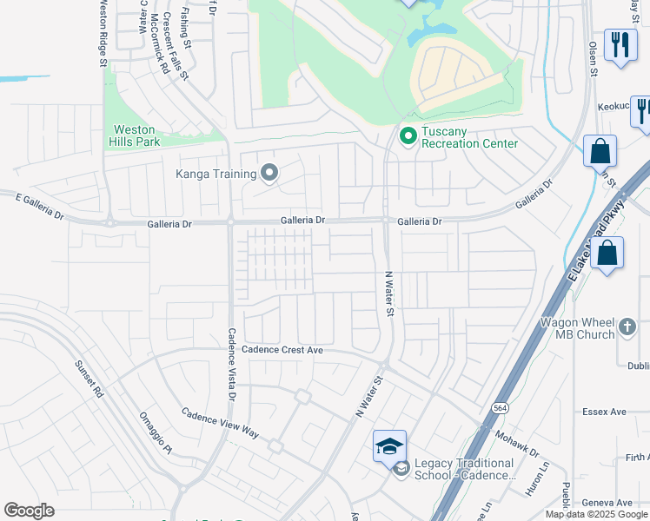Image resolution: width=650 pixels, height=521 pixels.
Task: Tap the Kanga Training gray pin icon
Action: (269, 174)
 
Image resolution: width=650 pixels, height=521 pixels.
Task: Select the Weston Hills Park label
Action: (134, 135)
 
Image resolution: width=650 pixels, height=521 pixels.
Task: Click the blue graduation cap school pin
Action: (390, 446)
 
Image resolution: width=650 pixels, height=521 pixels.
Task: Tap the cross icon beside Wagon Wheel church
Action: (629, 329)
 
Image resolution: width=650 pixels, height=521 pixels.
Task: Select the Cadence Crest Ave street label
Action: (282, 350)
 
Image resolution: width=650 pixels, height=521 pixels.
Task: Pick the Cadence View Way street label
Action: (220, 421)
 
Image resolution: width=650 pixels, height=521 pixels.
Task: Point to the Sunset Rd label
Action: (89, 379)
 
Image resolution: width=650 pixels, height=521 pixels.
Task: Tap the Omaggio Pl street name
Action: (156, 432)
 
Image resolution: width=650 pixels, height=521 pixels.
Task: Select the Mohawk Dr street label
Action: (518, 442)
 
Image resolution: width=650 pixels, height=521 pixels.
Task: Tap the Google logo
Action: (29, 511)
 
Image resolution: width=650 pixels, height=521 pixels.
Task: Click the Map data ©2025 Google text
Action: (597, 514)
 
